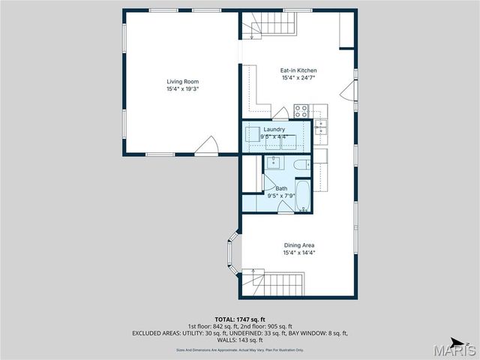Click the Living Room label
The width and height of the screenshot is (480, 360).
pos(182,82)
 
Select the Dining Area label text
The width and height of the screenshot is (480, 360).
pos(298,245)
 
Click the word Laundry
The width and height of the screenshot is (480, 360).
pos(274,129)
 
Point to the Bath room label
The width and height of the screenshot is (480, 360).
pos(281,188)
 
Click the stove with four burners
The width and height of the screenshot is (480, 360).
pos(301,111)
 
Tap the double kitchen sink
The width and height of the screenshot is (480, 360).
pos(321,127)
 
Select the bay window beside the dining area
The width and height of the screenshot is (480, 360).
pos(232,253)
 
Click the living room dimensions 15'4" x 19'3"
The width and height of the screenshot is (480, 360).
pos(182,89)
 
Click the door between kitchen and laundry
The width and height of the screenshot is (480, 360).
pos(280,114)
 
